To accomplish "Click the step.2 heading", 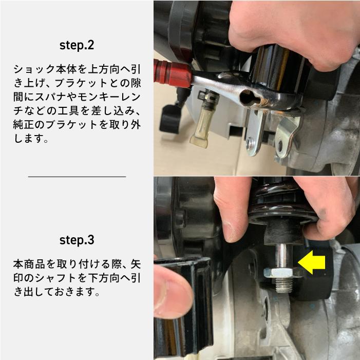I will point(77,45).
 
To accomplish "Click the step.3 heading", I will point(77,240).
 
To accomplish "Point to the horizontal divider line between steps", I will point(77,176).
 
